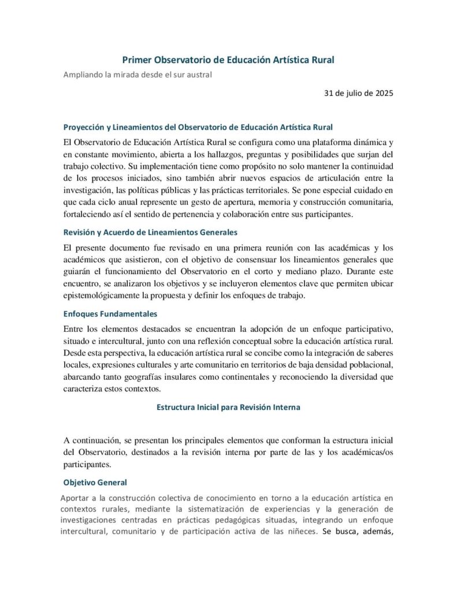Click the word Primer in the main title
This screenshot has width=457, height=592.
pyautogui.click(x=136, y=60)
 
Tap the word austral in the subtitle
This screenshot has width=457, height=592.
pyautogui.click(x=198, y=75)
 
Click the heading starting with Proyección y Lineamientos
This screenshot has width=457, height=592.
pyautogui.click(x=198, y=127)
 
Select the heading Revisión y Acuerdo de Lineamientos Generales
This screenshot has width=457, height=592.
pyautogui.click(x=150, y=232)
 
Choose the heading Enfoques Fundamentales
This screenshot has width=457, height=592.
pyautogui.click(x=110, y=314)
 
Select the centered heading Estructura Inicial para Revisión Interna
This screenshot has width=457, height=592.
pyautogui.click(x=228, y=407)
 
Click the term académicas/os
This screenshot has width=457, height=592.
pyautogui.click(x=364, y=452)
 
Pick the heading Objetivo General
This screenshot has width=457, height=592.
pyautogui.click(x=95, y=482)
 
